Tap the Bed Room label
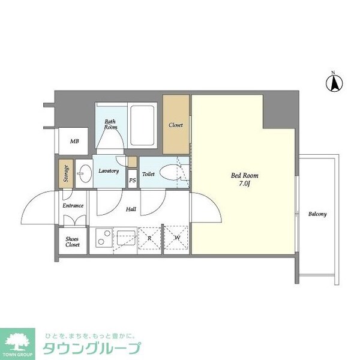244,176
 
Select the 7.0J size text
245,185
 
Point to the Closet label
176,125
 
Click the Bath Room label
110,124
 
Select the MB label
75,142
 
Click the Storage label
65,172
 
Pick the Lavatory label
109,171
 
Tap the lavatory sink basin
85,172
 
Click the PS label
132,180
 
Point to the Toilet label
148,174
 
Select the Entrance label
73,206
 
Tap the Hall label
131,210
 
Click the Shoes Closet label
73,242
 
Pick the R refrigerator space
151,239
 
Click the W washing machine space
177,239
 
